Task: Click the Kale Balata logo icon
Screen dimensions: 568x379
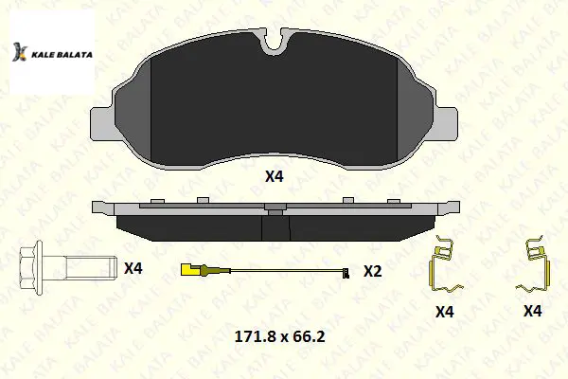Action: pyautogui.click(x=20, y=52)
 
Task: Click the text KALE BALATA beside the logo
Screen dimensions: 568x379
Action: pyautogui.click(x=62, y=55)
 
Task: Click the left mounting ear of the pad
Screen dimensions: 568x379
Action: pyautogui.click(x=102, y=124)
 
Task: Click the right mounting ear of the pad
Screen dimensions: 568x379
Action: pyautogui.click(x=446, y=124)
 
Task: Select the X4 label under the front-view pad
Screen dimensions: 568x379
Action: pyautogui.click(x=275, y=176)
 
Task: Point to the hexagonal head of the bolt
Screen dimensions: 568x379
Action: pyautogui.click(x=31, y=267)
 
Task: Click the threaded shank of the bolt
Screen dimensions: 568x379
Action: pyautogui.click(x=92, y=267)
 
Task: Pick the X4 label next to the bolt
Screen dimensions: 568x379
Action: pyautogui.click(x=133, y=268)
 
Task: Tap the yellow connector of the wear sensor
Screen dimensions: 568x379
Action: pyautogui.click(x=190, y=269)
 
